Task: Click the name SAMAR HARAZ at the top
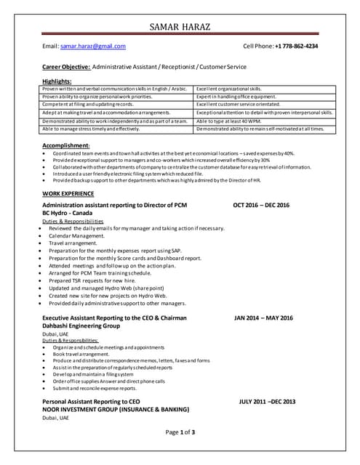click(180, 27)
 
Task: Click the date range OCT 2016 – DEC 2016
click(261, 206)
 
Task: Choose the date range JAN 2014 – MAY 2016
click(263, 318)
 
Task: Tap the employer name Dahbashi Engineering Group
click(81, 326)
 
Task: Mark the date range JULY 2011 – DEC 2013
click(267, 401)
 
